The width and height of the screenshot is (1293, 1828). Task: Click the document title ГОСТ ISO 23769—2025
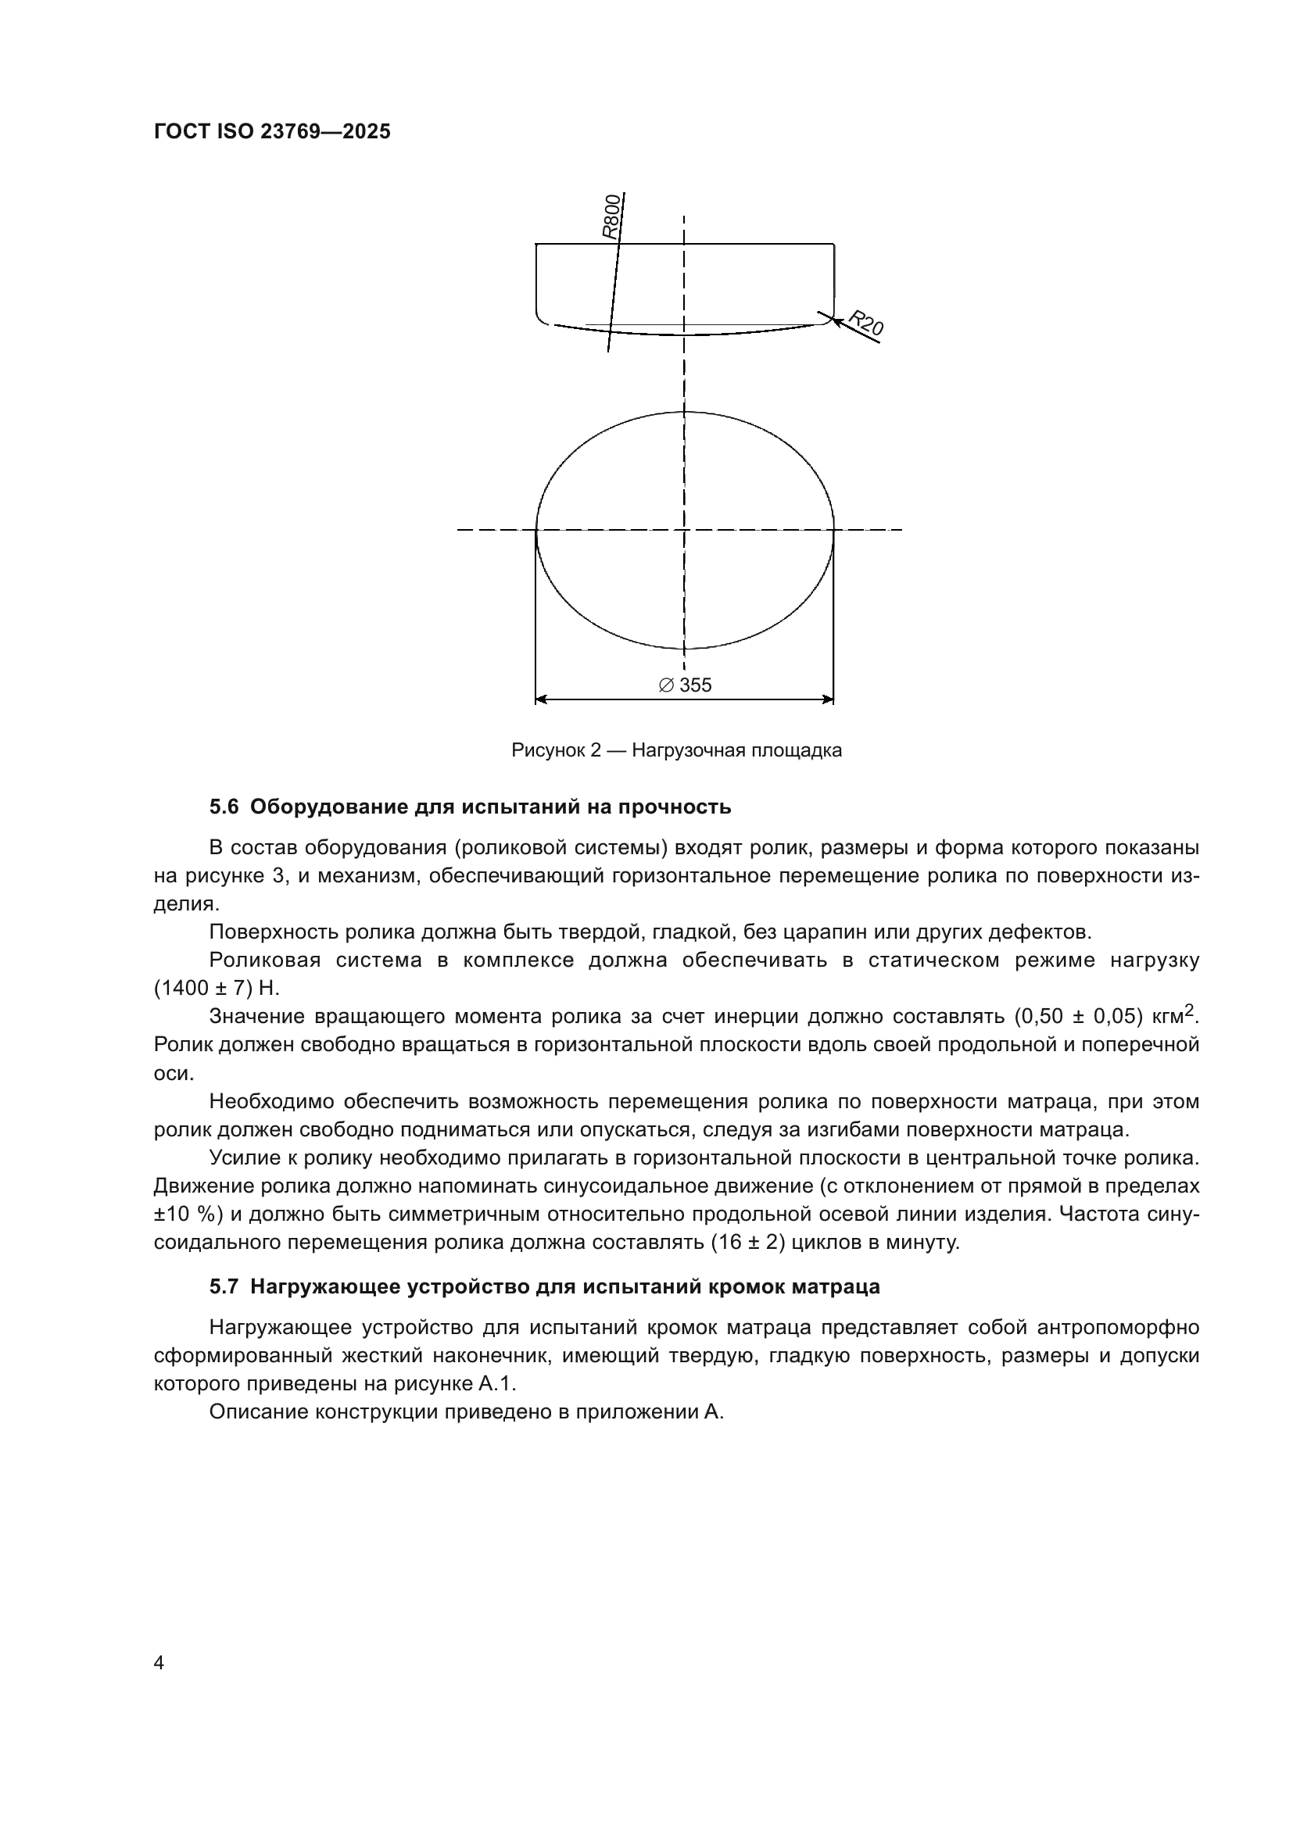(272, 132)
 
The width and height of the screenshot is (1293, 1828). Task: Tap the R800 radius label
(610, 216)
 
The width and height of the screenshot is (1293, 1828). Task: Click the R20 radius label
(865, 323)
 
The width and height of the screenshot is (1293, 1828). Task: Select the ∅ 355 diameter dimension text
(686, 685)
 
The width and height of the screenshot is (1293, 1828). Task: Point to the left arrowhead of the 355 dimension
(541, 699)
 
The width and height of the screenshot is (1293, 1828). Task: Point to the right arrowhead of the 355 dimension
(828, 699)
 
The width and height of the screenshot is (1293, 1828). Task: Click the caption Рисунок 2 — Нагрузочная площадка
(677, 750)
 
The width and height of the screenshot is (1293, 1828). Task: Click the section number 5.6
(224, 807)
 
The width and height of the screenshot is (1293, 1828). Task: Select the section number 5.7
(224, 1287)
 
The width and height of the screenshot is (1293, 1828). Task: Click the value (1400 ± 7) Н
(217, 988)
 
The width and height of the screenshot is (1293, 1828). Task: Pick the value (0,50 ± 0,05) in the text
(1078, 1017)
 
